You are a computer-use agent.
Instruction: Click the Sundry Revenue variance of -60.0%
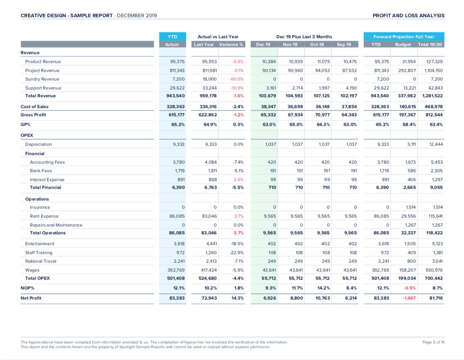237,79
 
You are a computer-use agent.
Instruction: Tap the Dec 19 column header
263,45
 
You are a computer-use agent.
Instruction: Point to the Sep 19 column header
344,45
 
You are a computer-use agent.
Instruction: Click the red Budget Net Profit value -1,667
408,298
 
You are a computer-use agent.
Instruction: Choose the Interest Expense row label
47,180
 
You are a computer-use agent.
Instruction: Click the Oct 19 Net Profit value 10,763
322,298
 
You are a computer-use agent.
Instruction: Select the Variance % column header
231,45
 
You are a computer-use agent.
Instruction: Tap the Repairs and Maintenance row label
56,225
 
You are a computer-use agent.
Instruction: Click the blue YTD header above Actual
172,37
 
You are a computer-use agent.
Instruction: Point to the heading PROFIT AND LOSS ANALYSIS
408,16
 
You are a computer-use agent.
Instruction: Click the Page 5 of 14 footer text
433,342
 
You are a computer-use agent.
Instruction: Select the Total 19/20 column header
431,45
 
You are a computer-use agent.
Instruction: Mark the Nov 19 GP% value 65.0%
297,125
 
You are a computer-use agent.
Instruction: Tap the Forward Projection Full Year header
404,37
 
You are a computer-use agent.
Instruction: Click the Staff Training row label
39,252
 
